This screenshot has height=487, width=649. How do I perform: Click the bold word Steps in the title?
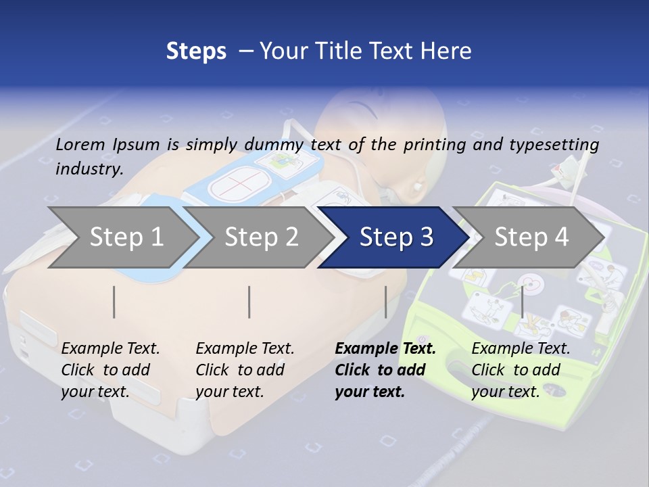coord(196,51)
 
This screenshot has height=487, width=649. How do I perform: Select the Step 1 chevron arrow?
coord(122,237)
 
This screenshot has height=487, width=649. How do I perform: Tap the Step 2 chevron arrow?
coord(260,237)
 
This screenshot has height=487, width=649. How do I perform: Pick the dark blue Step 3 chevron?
coord(395,237)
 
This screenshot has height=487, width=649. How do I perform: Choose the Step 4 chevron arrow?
coord(531,237)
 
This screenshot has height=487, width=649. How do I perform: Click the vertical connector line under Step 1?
coord(114,302)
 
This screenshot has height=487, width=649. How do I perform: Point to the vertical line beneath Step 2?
coord(249,302)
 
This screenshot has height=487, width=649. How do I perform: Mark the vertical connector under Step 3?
coord(385,302)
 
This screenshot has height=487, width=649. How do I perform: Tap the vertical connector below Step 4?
coord(523,302)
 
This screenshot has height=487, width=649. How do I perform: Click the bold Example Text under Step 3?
coord(385,369)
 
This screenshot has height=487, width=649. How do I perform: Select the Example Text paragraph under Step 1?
coord(110,369)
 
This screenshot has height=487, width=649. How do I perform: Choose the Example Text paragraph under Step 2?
coord(245,369)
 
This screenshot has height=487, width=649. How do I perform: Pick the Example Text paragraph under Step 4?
coord(521,369)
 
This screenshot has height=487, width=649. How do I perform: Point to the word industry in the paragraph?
coord(89,168)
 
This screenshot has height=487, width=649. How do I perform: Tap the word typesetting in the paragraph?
coord(554,144)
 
